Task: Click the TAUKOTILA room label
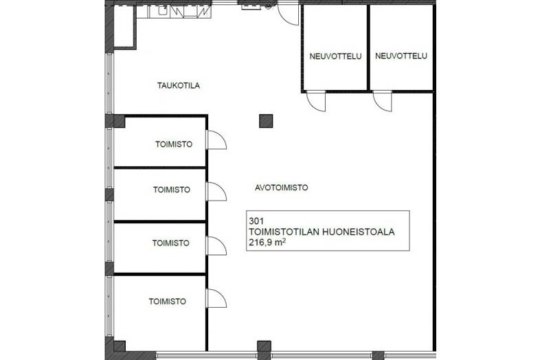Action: (x=179, y=85)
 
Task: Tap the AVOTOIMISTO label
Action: (x=282, y=188)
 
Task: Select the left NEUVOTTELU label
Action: (x=335, y=56)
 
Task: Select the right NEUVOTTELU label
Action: (x=401, y=56)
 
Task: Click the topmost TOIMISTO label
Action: (x=174, y=144)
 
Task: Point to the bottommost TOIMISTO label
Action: (x=168, y=302)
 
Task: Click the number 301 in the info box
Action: (x=256, y=221)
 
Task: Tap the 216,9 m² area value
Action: (x=267, y=243)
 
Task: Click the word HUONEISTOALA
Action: (x=358, y=232)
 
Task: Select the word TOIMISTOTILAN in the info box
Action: (x=284, y=232)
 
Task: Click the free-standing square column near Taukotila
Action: (x=266, y=122)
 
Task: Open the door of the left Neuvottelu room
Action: (x=316, y=101)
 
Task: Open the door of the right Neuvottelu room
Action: (x=382, y=101)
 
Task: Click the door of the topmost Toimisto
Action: (x=216, y=140)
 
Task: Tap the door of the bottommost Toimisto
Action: (x=216, y=298)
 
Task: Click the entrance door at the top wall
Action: (x=289, y=14)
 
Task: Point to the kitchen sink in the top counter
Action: (x=163, y=11)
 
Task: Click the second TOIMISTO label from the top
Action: (x=172, y=190)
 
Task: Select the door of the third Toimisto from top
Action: (x=216, y=246)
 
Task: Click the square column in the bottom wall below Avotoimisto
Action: (x=264, y=350)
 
